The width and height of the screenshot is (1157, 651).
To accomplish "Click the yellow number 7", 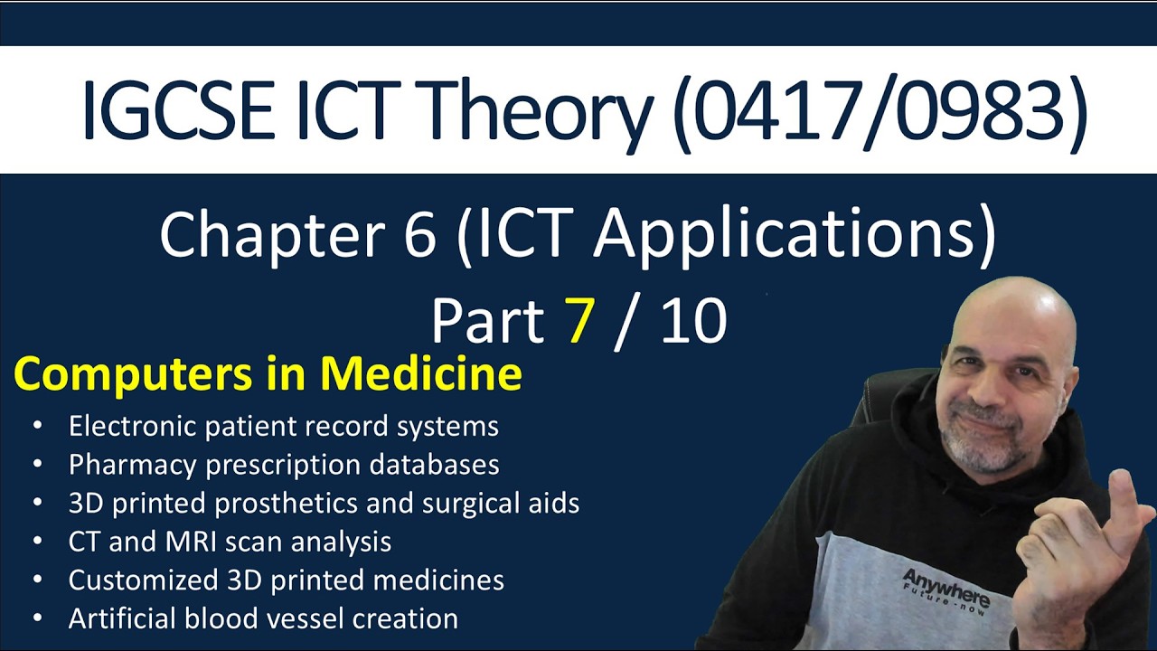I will coord(578,321).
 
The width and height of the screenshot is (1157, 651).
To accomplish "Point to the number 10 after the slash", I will coord(693,321).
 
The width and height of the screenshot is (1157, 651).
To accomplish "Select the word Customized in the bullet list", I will coord(144,580).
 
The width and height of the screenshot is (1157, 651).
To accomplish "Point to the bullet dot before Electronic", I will coord(37,426).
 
